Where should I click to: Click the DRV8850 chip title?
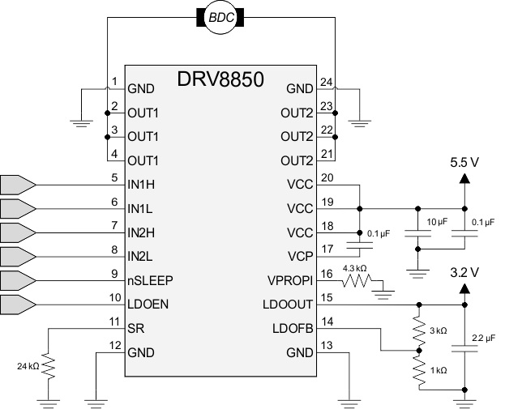pos(221,79)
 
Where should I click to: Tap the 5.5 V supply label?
pos(465,162)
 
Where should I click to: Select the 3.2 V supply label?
pos(465,271)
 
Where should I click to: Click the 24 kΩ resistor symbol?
pos(48,369)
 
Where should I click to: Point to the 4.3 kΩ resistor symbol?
pos(357,281)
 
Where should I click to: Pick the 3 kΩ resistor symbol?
pos(419,330)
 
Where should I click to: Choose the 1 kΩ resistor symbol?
pos(419,369)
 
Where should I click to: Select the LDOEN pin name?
pos(148,305)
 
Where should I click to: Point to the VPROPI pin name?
pos(290,281)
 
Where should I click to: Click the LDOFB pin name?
pos(293,329)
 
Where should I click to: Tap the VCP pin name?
pos(300,257)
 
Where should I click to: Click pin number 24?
pos(325,81)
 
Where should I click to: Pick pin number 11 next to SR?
pos(114,322)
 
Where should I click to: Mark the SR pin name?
pos(135,329)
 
